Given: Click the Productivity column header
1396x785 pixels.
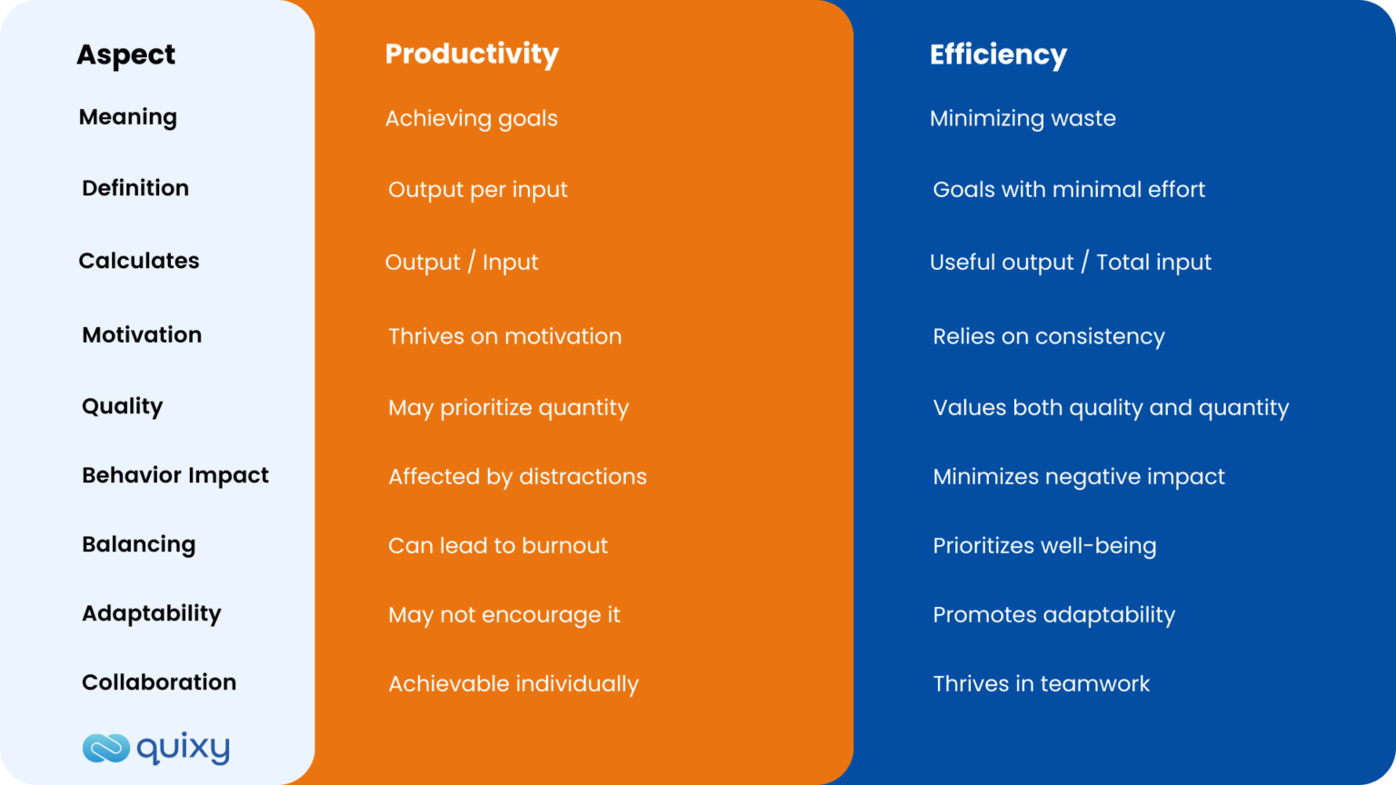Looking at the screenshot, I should [472, 55].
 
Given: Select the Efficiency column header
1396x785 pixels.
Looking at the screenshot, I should [998, 55].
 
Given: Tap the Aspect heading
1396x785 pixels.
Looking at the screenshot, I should [125, 55].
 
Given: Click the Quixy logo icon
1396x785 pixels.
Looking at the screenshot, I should [106, 748].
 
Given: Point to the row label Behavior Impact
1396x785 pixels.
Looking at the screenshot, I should [175, 475].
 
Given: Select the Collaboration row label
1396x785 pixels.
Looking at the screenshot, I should [159, 682].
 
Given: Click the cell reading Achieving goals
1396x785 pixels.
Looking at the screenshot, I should [471, 118].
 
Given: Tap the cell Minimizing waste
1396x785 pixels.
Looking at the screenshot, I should [1022, 118].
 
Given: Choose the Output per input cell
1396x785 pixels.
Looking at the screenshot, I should [477, 189].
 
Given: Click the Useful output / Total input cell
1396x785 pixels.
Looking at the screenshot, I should [1070, 262].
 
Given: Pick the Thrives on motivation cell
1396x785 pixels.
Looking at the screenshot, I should [504, 336].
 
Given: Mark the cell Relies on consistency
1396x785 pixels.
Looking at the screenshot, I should [1048, 336].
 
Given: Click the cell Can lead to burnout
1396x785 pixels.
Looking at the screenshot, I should [497, 545].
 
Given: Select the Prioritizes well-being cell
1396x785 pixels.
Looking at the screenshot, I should [1044, 545].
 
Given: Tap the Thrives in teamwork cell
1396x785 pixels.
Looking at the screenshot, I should [1041, 683].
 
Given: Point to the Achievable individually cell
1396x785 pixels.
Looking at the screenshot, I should [513, 683].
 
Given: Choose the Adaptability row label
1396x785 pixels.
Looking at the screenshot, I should [151, 613].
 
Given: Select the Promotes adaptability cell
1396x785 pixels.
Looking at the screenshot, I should [1053, 614].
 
